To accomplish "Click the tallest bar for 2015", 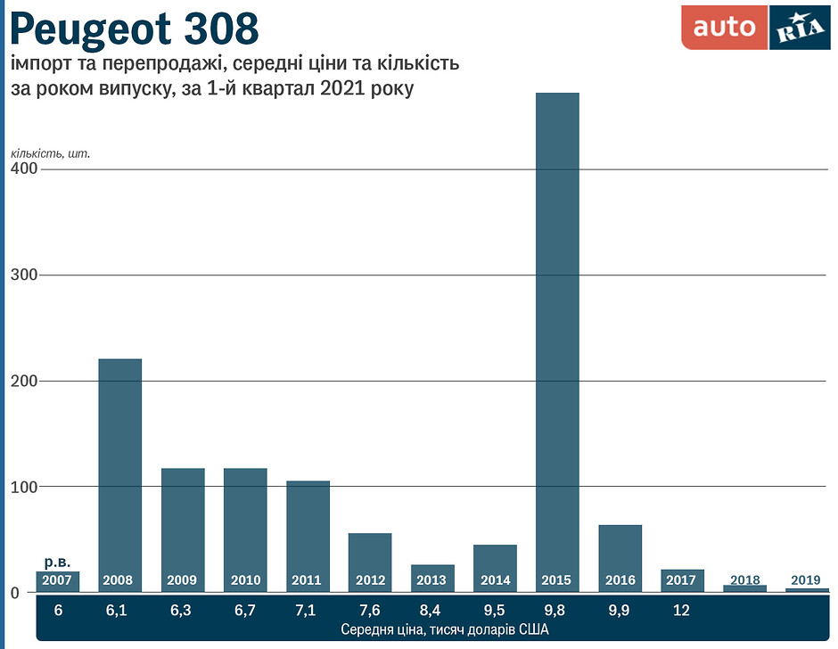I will pyautogui.click(x=557, y=339).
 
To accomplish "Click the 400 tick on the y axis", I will pyautogui.click(x=23, y=168).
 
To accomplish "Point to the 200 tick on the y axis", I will pyautogui.click(x=23, y=381).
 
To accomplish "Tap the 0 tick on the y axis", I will pyautogui.click(x=15, y=593).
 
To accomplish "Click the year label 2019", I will pyautogui.click(x=806, y=580).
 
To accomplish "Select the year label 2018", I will pyautogui.click(x=744, y=580).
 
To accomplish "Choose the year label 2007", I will pyautogui.click(x=57, y=581).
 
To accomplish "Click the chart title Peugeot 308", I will pyautogui.click(x=135, y=29).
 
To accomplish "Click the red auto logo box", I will pyautogui.click(x=724, y=28).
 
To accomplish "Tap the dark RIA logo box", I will pyautogui.click(x=799, y=28).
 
